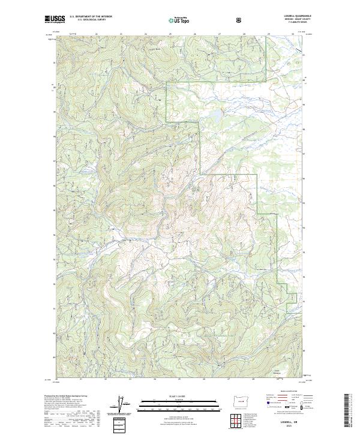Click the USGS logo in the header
[55, 20]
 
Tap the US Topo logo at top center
[179, 20]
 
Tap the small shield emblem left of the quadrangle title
[241, 20]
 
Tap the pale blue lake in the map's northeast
[213, 112]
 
